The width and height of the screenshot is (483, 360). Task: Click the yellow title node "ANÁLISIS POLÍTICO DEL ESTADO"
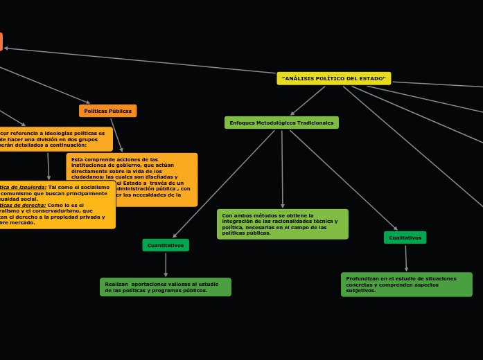333,78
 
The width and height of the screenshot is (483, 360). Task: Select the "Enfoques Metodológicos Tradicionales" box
281,123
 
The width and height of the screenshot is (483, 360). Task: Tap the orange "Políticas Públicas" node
107,111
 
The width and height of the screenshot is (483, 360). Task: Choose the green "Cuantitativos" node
166,245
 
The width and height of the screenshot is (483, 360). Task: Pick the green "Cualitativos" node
405,237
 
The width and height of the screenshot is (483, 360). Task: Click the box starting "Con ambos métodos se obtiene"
282,224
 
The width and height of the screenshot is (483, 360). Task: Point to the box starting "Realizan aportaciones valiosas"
165,287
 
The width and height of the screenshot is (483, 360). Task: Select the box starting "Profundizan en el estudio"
406,285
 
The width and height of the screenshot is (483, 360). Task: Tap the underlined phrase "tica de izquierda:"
24,187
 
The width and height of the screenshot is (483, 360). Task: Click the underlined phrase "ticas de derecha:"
23,205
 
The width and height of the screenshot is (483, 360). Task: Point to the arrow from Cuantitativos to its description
166,264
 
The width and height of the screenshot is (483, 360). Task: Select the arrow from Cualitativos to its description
406,258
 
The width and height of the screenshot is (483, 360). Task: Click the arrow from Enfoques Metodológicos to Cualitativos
343,179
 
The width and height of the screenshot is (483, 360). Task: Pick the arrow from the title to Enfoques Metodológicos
308,100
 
